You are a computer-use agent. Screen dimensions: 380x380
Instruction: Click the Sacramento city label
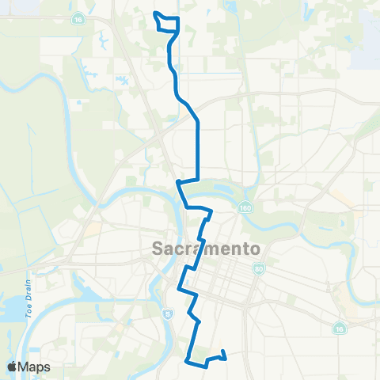click(205, 249)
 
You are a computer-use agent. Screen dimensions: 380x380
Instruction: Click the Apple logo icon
click(13, 366)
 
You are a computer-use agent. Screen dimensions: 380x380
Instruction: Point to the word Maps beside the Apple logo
click(35, 367)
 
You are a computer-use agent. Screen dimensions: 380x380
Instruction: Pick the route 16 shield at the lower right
click(340, 327)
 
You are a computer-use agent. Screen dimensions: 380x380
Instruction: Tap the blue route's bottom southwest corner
click(187, 361)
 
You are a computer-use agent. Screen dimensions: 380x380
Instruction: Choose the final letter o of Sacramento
click(255, 249)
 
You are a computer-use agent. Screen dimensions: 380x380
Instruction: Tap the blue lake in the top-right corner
click(367, 51)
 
